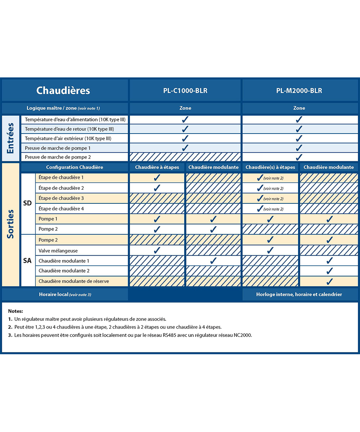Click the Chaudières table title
tap(63, 90)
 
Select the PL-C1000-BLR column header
tap(185, 91)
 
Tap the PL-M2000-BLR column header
tap(299, 91)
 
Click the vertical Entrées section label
tap(10, 138)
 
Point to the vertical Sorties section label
tap(10, 224)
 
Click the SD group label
tap(27, 203)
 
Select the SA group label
tap(27, 260)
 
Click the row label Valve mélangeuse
tap(58, 251)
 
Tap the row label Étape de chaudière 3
tap(61, 198)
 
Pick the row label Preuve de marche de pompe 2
tap(58, 157)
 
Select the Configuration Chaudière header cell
tap(75, 167)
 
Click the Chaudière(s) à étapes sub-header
tap(270, 167)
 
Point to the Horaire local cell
tap(65, 294)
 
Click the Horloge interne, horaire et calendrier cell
tap(299, 294)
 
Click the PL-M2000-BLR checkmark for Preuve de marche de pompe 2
tap(299, 157)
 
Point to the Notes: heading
tap(15, 311)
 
